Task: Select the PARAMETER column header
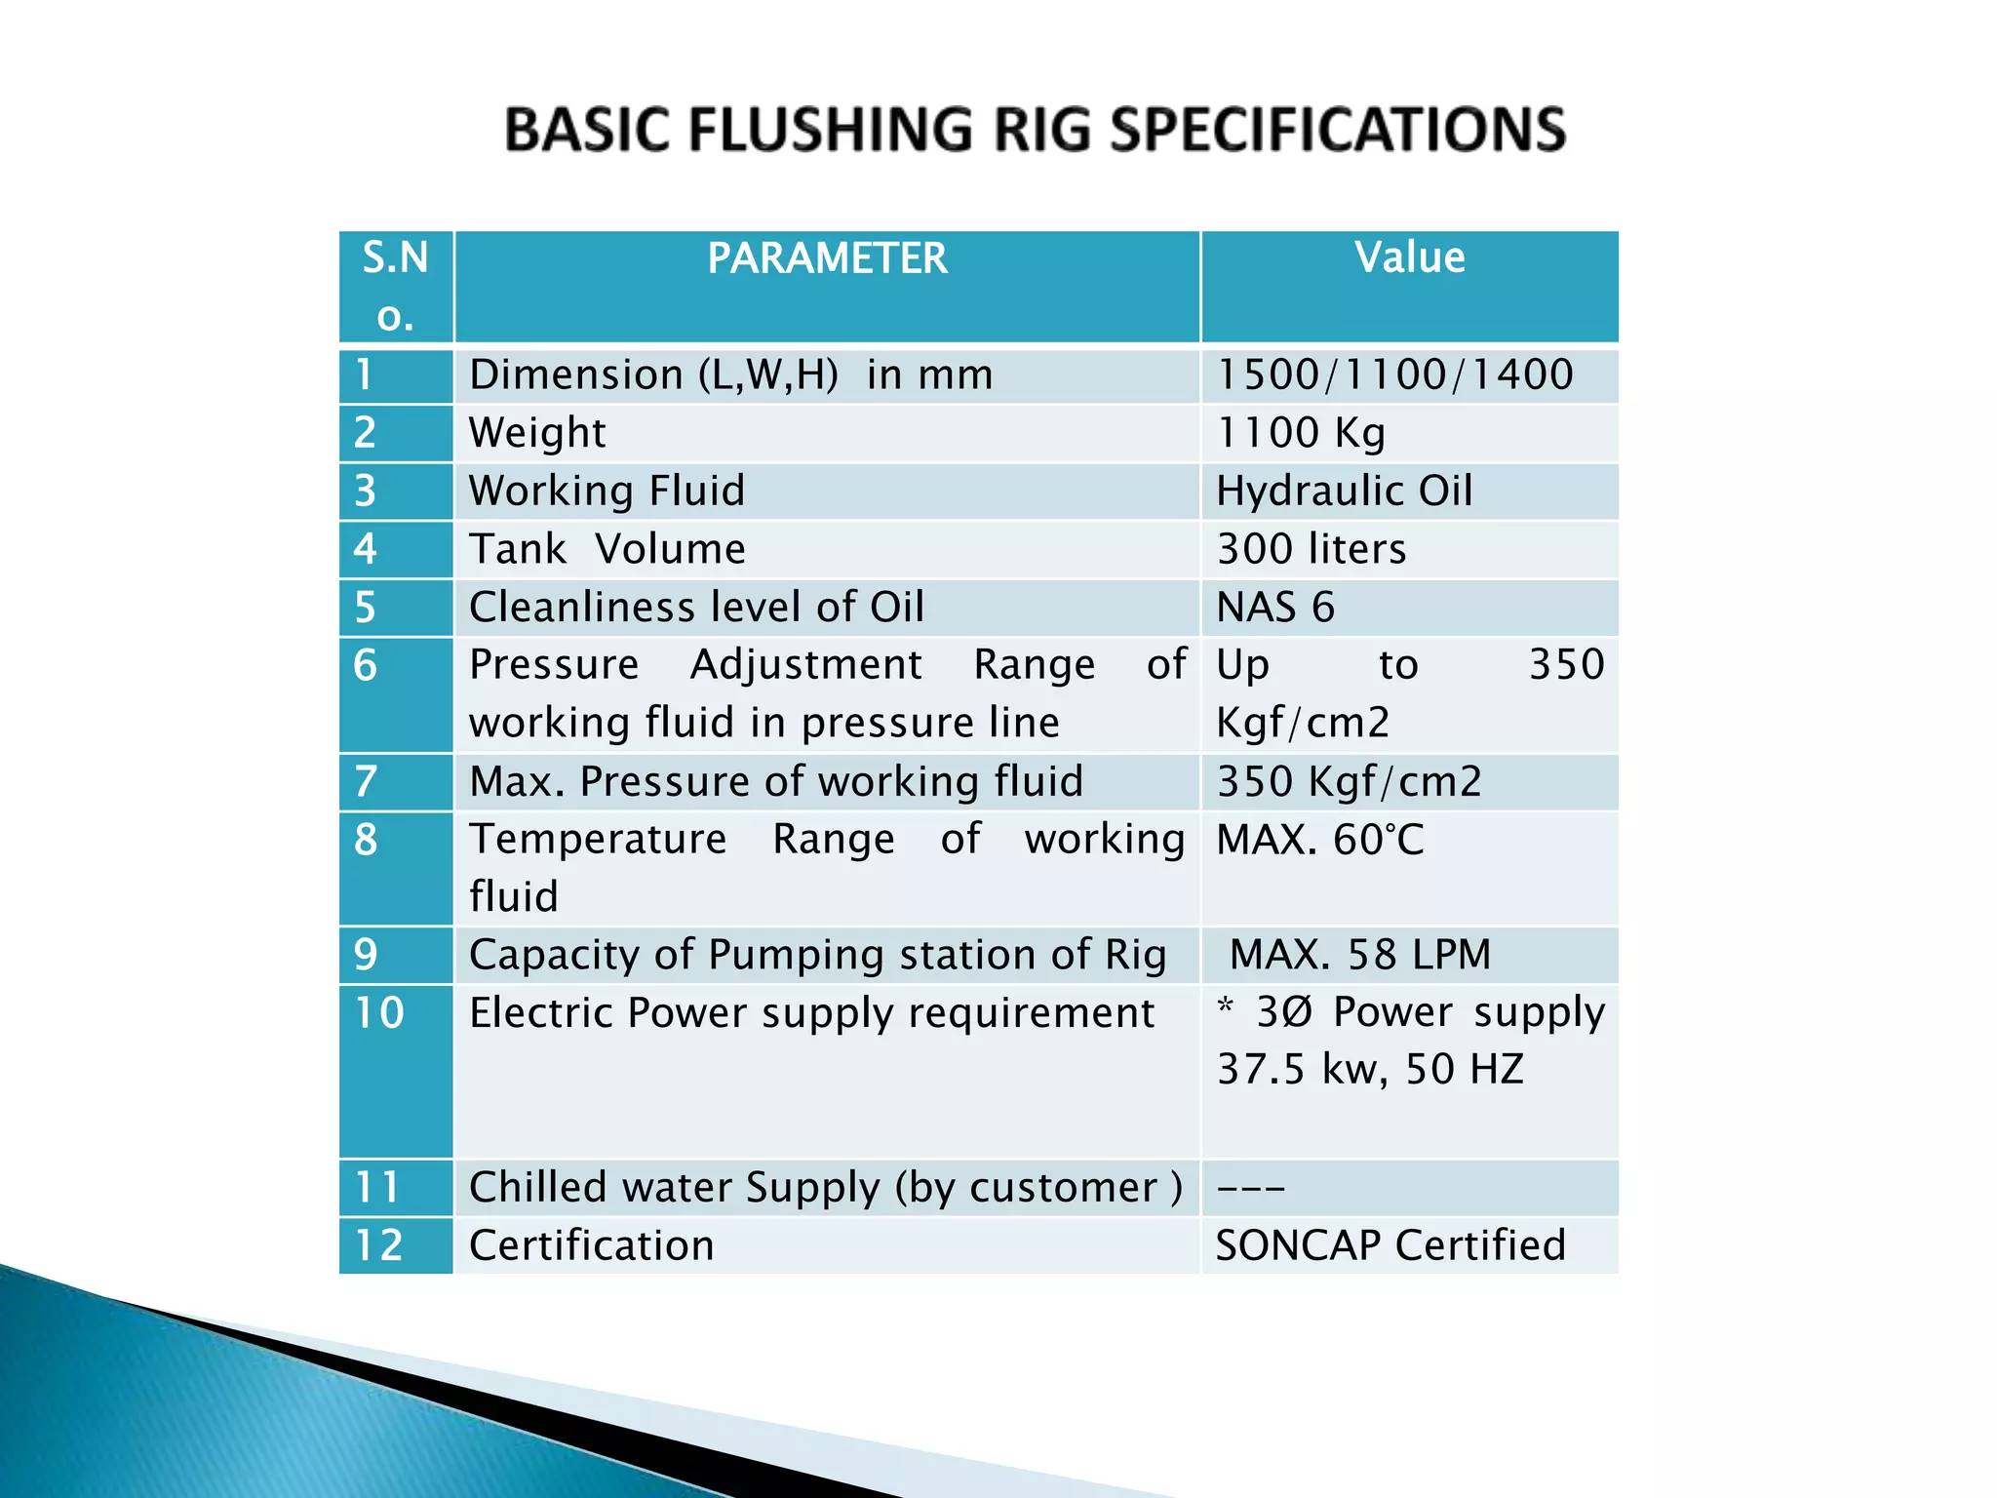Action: coord(827,259)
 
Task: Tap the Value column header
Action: coord(1409,258)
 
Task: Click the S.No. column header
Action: coord(395,286)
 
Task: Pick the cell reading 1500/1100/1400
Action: coord(1394,374)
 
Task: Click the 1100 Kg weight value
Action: coord(1301,433)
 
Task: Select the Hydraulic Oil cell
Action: coord(1344,491)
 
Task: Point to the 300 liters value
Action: coord(1312,549)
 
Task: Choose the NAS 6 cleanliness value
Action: coord(1275,608)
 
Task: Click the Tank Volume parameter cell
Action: coord(607,549)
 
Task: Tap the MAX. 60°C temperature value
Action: coord(1320,840)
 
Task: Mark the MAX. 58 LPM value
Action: coord(1360,955)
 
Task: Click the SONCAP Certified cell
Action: coord(1390,1245)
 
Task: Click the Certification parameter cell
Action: coord(592,1245)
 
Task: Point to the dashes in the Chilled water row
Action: coord(1251,1188)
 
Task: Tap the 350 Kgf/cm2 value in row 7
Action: coord(1350,781)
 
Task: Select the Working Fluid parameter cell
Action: coord(607,491)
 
